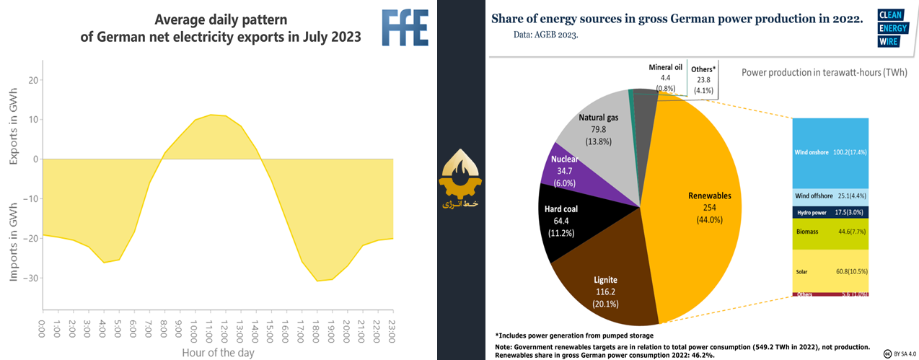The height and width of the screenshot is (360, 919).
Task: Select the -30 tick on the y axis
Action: pos(33,278)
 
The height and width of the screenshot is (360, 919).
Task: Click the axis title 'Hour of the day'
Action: pos(217,353)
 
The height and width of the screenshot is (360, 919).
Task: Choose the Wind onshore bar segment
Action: pos(830,153)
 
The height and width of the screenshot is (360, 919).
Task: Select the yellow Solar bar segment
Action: pos(830,270)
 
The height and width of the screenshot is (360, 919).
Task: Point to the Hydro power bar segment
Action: pos(830,212)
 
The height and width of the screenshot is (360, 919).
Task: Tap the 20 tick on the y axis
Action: pos(33,80)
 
